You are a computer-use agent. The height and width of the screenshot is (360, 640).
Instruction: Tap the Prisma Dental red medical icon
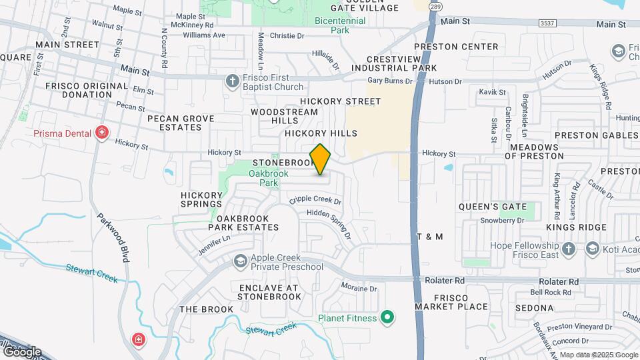[101, 133]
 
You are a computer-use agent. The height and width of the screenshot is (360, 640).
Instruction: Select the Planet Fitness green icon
[386, 317]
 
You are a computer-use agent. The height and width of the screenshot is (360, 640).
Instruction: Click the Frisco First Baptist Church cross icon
[232, 81]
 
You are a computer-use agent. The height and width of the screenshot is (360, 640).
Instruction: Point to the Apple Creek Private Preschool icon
[240, 261]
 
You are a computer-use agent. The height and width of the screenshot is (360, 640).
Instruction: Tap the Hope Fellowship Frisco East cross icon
[569, 249]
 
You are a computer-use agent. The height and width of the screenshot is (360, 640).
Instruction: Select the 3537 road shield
[547, 23]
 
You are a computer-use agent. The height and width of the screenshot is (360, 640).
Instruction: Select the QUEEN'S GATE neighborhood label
[493, 207]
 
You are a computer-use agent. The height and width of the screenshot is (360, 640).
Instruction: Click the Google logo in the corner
[21, 351]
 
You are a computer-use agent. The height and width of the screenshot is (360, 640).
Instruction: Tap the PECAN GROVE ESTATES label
[181, 123]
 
